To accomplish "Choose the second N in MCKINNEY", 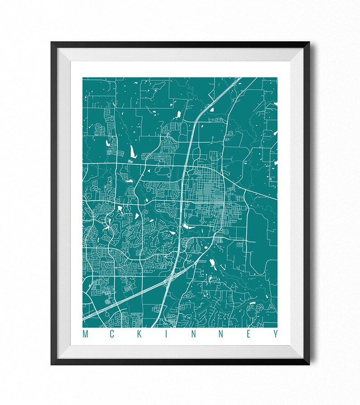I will tap(220, 334).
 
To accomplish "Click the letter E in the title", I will tap(247, 334).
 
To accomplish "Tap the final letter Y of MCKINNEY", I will tap(274, 334).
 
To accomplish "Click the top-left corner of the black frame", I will tap(52, 43).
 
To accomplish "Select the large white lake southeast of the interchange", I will tap(212, 263).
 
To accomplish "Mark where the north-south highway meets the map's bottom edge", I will tap(153, 326).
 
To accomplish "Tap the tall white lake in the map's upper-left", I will tap(133, 151).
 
